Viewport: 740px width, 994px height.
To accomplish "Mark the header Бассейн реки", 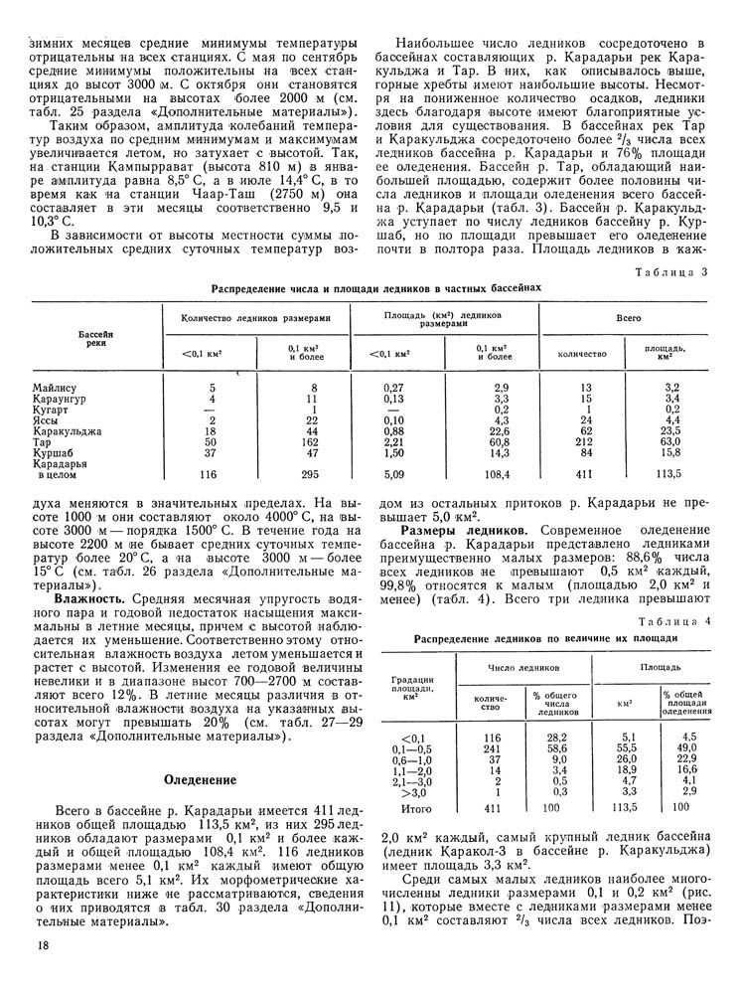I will pos(95,337).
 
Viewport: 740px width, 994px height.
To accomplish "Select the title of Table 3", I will pos(376,287).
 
